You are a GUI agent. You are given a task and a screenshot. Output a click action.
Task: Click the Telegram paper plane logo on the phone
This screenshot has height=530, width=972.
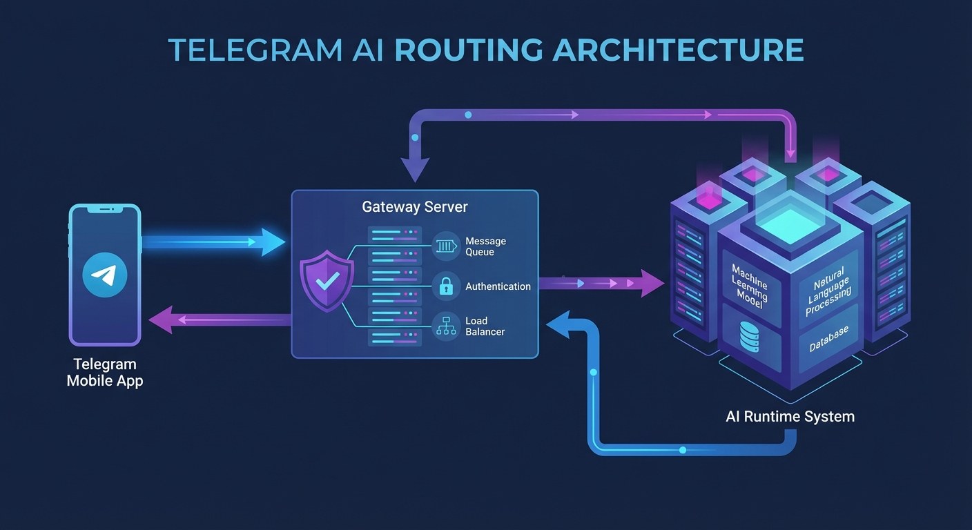pos(104,275)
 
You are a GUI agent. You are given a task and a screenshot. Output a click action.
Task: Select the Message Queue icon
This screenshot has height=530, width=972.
pos(446,246)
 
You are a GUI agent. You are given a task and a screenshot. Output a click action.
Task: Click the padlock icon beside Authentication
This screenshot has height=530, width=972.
pos(446,286)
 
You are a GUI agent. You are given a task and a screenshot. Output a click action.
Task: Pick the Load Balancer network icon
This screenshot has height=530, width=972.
pos(446,326)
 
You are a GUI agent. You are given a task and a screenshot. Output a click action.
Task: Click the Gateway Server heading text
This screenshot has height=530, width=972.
pos(414,207)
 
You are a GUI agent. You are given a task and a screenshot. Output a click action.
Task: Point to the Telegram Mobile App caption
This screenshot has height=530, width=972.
pos(105,373)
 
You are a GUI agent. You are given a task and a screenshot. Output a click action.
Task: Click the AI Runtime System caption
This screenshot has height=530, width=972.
pos(790,417)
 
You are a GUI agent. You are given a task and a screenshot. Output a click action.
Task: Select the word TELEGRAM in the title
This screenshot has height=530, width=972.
pos(255,50)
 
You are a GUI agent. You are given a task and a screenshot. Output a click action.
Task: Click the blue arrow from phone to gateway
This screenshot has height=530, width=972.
pos(214,242)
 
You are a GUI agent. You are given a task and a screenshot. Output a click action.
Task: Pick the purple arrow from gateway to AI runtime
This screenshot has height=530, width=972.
pos(601,283)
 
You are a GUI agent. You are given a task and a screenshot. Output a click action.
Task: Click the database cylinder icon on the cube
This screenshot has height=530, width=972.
pos(749,336)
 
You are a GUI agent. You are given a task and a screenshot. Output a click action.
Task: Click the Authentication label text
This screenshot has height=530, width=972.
pos(498,286)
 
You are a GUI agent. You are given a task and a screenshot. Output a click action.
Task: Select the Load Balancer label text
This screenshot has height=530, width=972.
pos(485,326)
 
